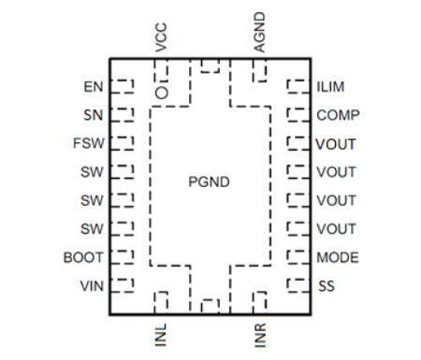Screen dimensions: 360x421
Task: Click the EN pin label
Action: point(93,87)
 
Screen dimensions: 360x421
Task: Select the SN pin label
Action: point(93,115)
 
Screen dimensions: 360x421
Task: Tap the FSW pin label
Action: point(90,144)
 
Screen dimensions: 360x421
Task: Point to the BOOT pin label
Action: point(83,257)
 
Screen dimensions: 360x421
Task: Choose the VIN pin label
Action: point(91,285)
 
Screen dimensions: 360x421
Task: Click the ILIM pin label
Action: point(330,87)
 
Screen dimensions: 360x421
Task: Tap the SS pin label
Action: point(326,285)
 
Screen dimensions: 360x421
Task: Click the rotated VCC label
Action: point(162,36)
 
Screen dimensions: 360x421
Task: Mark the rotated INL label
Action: point(162,333)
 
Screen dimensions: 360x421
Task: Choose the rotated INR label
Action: point(260,333)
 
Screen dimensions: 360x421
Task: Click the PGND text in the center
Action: point(209,181)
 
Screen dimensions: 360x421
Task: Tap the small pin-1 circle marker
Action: point(162,93)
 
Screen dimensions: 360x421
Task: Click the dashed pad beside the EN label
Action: point(123,87)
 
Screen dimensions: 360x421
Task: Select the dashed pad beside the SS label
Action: point(298,285)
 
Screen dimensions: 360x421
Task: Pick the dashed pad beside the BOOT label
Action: point(123,257)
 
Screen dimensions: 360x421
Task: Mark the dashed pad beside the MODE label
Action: point(298,257)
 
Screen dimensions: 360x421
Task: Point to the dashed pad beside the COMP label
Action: point(298,116)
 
